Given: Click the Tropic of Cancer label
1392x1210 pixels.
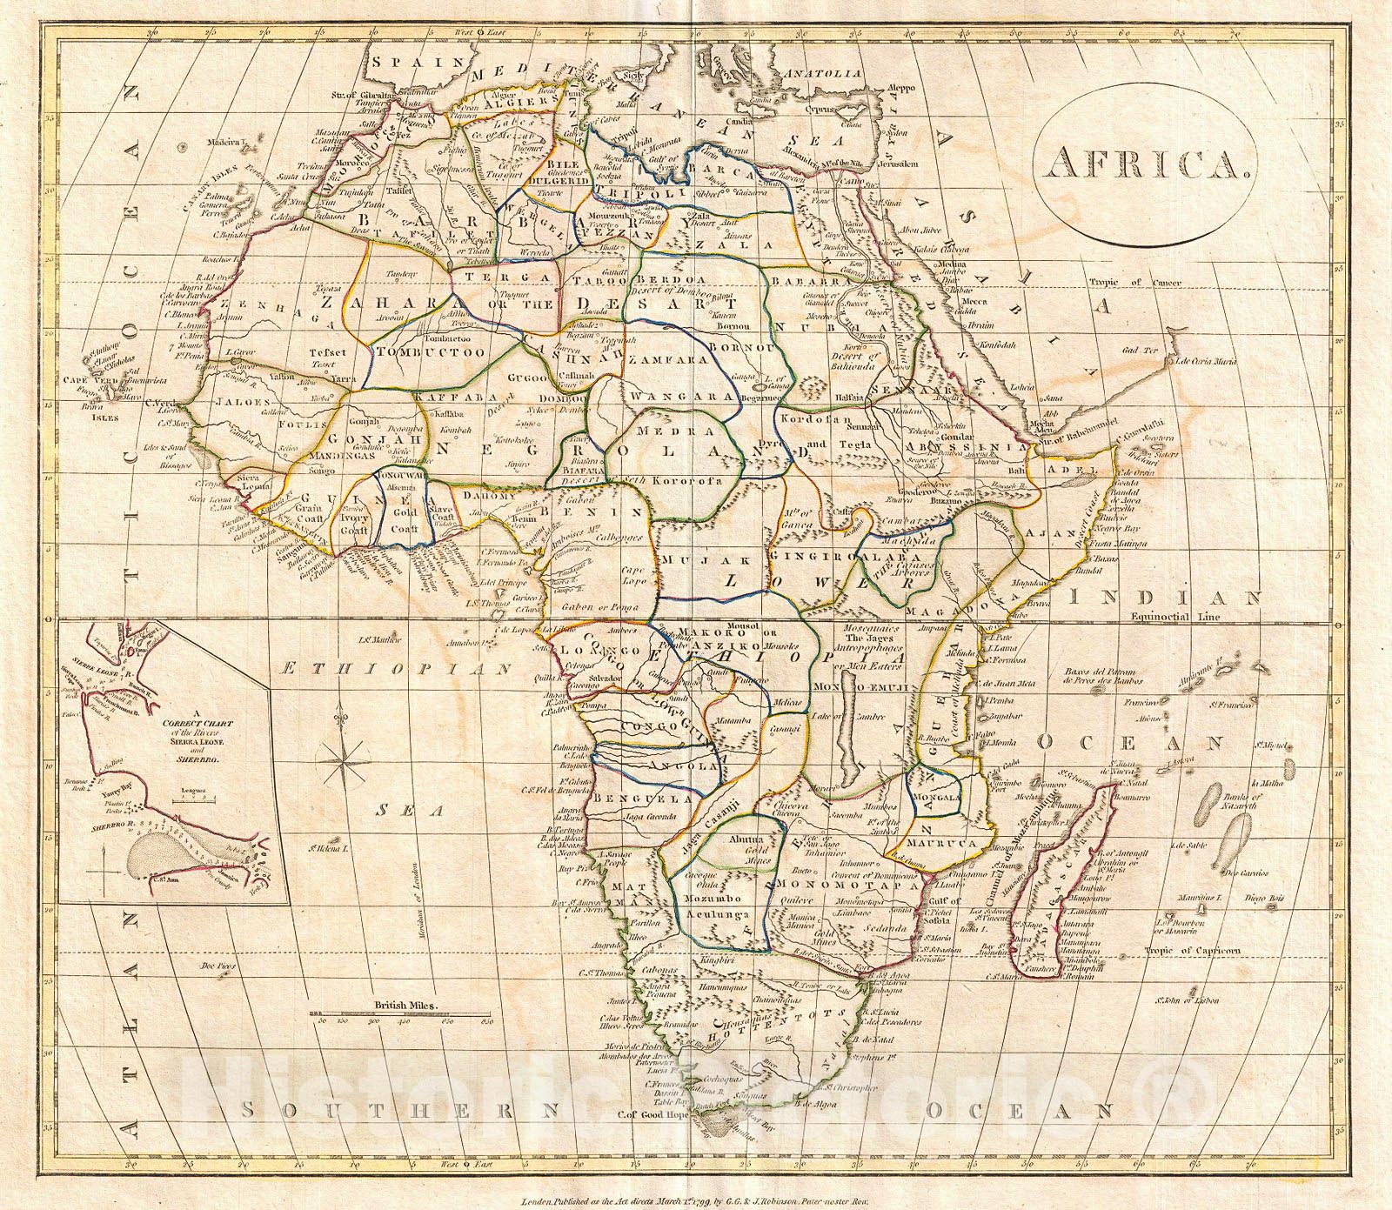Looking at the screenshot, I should tap(1134, 283).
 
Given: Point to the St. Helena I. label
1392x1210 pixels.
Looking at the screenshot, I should tap(331, 846).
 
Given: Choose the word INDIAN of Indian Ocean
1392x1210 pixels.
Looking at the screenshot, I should tap(1166, 598).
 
